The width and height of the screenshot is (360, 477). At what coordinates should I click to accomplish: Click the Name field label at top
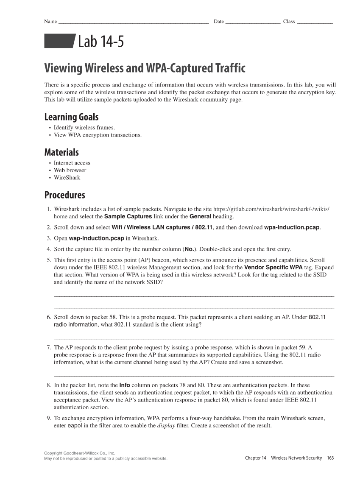click(x=50, y=22)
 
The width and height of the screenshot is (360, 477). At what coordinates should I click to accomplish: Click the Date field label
click(x=218, y=22)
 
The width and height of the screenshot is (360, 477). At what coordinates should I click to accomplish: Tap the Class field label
click(x=289, y=22)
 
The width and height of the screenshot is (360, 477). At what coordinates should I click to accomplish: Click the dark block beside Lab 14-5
click(x=59, y=42)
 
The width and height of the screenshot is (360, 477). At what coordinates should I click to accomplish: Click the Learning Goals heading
click(x=71, y=117)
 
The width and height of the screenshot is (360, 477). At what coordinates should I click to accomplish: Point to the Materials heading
click(x=61, y=152)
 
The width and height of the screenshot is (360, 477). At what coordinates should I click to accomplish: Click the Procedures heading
click(x=64, y=195)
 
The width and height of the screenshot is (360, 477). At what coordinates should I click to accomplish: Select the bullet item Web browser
click(x=70, y=170)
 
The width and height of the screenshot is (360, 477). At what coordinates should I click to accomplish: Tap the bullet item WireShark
click(x=67, y=178)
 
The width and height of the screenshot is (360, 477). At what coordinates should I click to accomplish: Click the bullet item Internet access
click(x=72, y=163)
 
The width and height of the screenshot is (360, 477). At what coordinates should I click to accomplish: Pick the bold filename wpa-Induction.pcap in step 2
click(x=292, y=227)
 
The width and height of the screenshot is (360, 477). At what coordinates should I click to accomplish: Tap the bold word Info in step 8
click(x=125, y=385)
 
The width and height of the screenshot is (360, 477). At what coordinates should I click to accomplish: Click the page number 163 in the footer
click(x=330, y=458)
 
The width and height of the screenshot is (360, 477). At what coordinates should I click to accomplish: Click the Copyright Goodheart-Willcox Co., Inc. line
click(x=80, y=453)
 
